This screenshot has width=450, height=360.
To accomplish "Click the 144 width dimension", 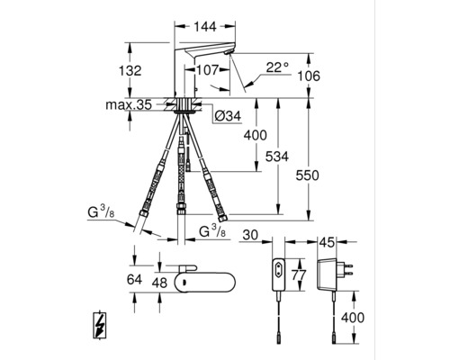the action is pos(205,27).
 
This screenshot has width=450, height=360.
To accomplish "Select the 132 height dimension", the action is pos(130,71).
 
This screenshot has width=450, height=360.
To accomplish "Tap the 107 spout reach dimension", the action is pos(207,70).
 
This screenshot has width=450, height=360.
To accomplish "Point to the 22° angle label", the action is pos(277,67).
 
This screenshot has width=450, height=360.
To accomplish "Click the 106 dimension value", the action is pos(309,76).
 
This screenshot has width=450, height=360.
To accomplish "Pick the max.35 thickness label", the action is pos(129,105).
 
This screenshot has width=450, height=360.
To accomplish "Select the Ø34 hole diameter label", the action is pos(229,116).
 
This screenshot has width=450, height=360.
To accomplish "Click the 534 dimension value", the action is pos(277,157).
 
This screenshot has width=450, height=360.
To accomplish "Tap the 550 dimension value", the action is pos(308,175).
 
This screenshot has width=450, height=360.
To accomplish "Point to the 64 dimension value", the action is pos(134,280).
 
